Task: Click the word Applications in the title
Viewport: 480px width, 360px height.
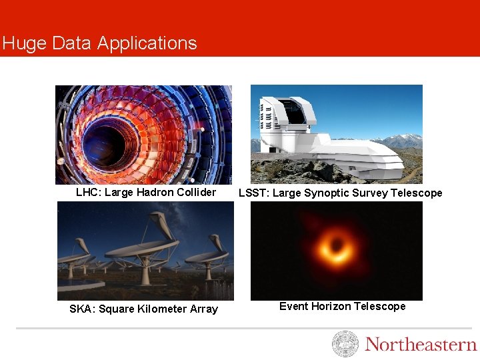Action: pos(147,44)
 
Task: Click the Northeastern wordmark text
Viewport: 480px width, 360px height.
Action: pos(421,345)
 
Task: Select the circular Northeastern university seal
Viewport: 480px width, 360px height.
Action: pos(345,344)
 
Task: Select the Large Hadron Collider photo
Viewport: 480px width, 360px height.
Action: pos(143,134)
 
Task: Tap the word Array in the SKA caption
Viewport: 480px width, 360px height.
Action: pos(203,309)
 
